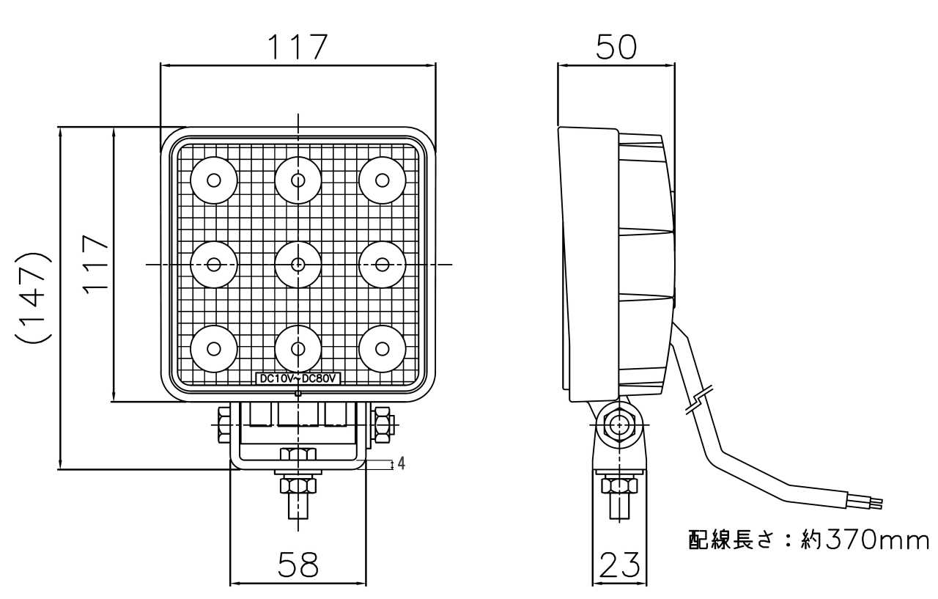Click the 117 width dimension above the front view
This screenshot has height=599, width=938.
[x=297, y=47]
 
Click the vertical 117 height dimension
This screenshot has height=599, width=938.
[x=96, y=264]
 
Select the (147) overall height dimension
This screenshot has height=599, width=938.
[x=34, y=298]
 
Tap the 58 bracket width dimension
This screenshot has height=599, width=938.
[x=298, y=565]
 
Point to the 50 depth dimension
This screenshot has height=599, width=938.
[x=616, y=47]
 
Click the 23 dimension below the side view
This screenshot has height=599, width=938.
[x=620, y=565]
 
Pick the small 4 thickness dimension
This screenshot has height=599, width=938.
[x=401, y=463]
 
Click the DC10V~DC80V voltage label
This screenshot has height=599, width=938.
[x=298, y=378]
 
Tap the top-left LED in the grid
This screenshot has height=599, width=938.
[x=214, y=180]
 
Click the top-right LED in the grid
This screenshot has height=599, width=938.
[x=382, y=180]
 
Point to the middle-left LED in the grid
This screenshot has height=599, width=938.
[x=214, y=265]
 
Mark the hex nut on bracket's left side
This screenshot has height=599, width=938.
[x=223, y=425]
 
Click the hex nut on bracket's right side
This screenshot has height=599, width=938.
[x=383, y=425]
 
